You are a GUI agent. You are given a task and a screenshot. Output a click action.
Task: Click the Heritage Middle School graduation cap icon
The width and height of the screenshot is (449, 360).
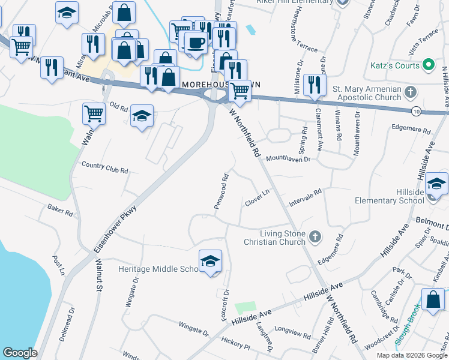[211, 261]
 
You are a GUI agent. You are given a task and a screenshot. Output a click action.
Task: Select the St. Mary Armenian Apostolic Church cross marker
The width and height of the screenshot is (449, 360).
[410, 92]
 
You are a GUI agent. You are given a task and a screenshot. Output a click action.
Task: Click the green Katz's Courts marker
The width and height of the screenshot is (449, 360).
[428, 65]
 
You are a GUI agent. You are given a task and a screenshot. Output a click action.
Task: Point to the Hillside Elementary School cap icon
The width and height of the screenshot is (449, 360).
[436, 184]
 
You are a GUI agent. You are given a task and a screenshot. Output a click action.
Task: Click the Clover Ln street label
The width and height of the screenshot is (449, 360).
[258, 199]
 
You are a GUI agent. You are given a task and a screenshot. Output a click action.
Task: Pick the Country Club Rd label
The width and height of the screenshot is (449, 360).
[105, 167]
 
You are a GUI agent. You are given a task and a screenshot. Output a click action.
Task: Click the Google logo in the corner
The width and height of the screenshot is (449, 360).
[20, 352]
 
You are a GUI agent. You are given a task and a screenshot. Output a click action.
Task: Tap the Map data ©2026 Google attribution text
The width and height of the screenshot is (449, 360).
[412, 355]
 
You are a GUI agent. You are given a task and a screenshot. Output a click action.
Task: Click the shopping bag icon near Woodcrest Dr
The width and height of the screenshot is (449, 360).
[433, 299]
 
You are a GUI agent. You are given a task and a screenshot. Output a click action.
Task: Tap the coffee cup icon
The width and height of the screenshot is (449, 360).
[195, 43]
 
